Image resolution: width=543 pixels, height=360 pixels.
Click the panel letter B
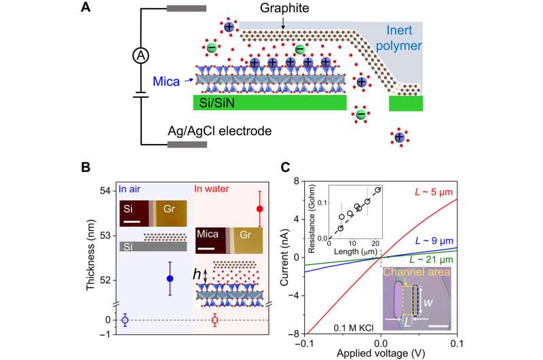(103, 166)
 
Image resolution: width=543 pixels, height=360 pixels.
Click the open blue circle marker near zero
(125, 320)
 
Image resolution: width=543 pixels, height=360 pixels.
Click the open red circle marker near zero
(215, 320)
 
